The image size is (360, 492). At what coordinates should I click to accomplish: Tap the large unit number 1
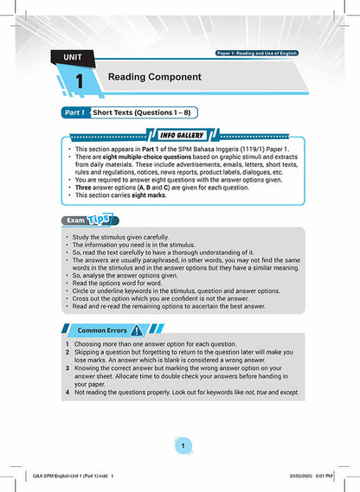click(79, 81)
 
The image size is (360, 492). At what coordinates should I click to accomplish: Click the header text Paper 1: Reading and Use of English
click(257, 54)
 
